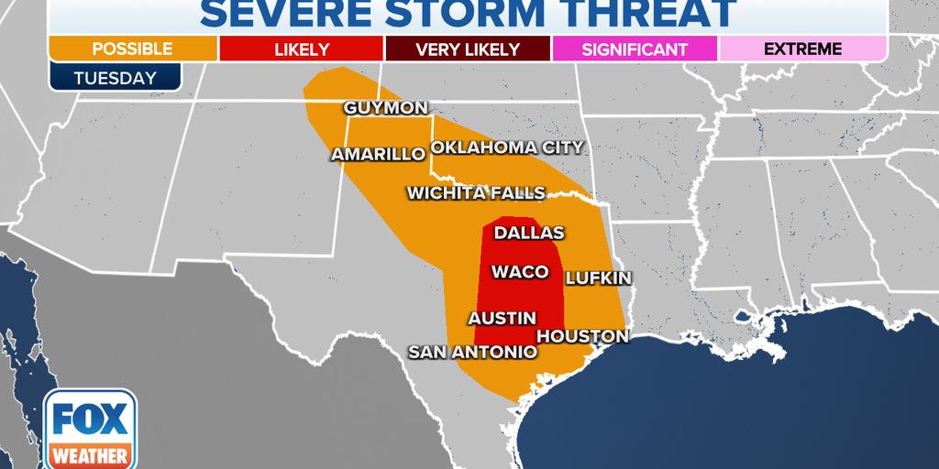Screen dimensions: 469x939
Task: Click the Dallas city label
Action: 529,233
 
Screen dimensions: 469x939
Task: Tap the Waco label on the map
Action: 520,271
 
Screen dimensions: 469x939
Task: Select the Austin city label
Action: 502,318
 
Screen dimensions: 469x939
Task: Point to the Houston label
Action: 582,336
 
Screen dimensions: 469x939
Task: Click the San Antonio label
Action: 472,352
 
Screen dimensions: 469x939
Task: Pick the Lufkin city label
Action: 598,277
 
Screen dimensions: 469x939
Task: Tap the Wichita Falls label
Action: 476,192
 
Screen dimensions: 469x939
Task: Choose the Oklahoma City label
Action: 507,147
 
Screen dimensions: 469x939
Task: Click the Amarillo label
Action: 378,154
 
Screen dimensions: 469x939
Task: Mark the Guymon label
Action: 385,108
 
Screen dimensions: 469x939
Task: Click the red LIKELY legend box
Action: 301,49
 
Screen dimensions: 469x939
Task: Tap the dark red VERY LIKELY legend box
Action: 468,49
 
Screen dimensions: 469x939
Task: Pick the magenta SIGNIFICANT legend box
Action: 635,49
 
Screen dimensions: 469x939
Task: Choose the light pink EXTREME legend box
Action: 802,49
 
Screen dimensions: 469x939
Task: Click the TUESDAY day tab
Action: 115,77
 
